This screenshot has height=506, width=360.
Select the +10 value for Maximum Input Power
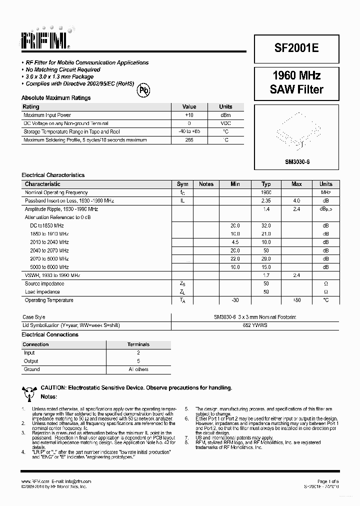[x=189, y=115]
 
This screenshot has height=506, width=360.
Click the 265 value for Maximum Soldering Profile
[x=189, y=140]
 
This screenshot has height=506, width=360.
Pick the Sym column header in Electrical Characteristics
[x=182, y=184]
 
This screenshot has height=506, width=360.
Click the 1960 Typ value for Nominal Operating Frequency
[x=266, y=192]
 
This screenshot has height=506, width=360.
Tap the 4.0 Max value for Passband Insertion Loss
[x=296, y=200]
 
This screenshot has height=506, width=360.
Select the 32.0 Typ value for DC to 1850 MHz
[x=266, y=225]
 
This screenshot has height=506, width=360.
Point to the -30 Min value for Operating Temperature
[x=235, y=300]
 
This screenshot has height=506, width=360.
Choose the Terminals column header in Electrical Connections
[x=138, y=344]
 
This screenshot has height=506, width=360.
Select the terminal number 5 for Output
[x=138, y=361]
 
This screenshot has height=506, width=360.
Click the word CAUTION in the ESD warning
[x=53, y=387]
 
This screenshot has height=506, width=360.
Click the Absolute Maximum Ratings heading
[x=56, y=98]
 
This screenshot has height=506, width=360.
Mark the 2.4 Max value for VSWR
[x=296, y=275]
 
